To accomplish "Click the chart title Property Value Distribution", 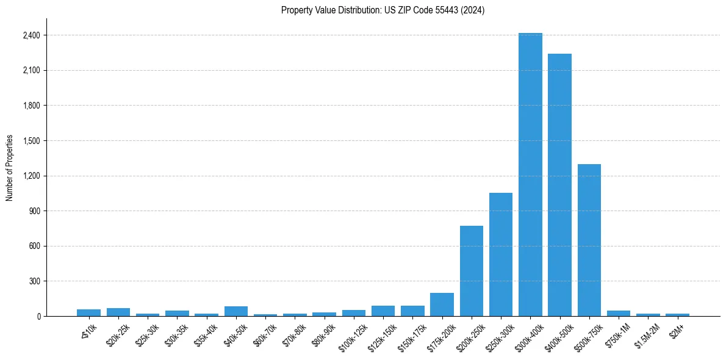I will point(383,10).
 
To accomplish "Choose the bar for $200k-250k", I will point(472,271).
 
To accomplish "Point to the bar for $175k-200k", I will point(442,304).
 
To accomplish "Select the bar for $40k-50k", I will point(236,311).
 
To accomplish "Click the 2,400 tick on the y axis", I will point(31,35).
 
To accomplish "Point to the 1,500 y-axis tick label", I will point(31,141).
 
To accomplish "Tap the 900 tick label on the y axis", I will point(34,211).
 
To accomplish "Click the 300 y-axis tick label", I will point(34,281).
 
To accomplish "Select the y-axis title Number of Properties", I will point(10,167).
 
